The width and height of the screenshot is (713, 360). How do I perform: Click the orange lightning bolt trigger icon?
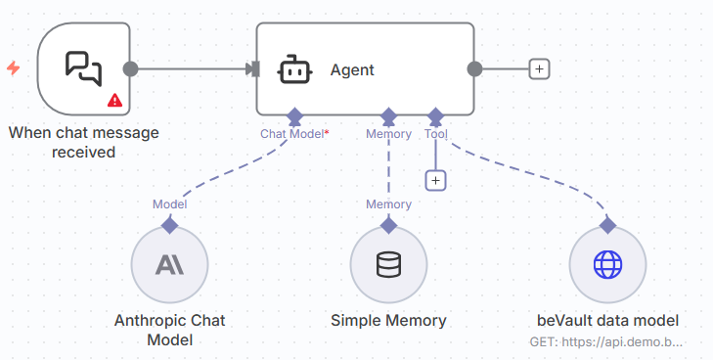point(13,68)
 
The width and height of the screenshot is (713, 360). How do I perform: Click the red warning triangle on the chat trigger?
point(114,100)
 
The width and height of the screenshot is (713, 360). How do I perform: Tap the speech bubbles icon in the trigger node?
point(83,67)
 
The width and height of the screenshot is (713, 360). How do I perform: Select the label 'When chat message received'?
point(83,142)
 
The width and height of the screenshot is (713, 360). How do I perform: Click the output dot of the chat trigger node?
point(130,68)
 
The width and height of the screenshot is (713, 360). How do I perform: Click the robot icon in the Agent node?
point(293,69)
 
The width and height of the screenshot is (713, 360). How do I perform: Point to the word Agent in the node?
point(352,69)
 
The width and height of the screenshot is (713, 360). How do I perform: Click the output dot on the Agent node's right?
point(474,68)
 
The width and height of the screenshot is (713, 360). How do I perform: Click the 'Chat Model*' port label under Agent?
point(293,134)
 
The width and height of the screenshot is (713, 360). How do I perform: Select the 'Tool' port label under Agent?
point(436,134)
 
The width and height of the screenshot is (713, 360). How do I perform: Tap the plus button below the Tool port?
point(436,180)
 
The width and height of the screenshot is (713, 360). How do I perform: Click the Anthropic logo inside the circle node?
point(169,264)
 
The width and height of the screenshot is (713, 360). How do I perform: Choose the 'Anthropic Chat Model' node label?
point(169,330)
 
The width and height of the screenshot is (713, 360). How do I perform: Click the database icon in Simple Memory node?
point(388,264)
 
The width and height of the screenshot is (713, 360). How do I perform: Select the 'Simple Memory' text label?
point(388,320)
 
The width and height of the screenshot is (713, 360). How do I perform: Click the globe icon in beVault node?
point(607,264)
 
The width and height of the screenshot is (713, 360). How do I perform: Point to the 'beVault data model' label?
point(607,320)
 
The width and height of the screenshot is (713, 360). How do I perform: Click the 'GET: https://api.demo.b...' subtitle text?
point(607,343)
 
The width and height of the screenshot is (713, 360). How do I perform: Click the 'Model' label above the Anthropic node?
point(169,203)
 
